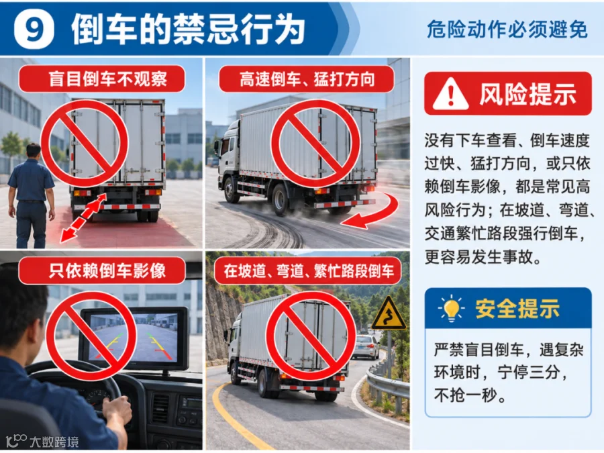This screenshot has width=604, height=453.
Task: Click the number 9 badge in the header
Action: click(x=34, y=29)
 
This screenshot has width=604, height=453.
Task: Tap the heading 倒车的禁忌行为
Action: click(x=188, y=30)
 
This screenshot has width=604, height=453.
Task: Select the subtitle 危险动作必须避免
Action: click(x=507, y=30)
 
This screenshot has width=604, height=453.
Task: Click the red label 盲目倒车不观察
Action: click(x=102, y=79)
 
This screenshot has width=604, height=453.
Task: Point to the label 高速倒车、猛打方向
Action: click(x=307, y=79)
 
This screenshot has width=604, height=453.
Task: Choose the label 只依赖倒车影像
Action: click(x=102, y=271)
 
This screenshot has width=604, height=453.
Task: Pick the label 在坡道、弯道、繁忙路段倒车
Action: click(x=308, y=271)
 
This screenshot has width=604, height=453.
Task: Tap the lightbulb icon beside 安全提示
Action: click(x=451, y=309)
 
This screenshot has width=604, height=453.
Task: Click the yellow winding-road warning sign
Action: click(x=389, y=314)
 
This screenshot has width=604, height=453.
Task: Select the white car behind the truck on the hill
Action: click(x=364, y=347)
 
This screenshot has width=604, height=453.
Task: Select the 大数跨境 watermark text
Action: click(x=54, y=442)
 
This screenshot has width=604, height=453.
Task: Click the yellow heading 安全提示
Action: click(x=517, y=309)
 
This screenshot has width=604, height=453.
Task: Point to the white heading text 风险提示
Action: click(x=527, y=94)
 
